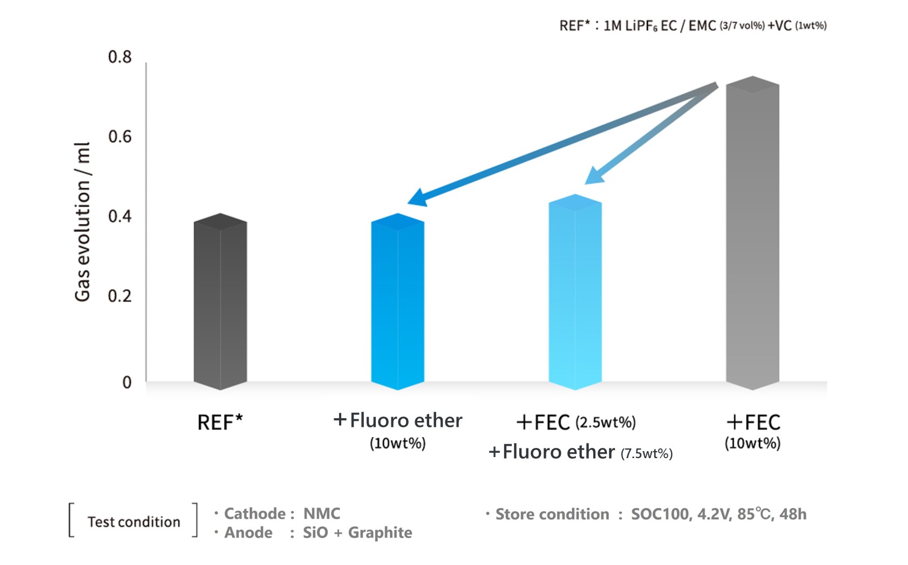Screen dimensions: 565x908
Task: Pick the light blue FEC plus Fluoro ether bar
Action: tap(575, 294)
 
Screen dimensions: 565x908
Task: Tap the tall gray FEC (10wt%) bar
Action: tap(753, 235)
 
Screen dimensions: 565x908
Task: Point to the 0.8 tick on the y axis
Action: tap(120, 57)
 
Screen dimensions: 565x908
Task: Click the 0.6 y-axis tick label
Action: tap(120, 137)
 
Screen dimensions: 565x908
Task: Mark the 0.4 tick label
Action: tap(120, 217)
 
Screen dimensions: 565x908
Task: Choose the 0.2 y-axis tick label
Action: tap(120, 296)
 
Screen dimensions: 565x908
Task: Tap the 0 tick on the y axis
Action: tap(127, 383)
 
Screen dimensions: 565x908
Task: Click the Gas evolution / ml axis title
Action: tap(82, 222)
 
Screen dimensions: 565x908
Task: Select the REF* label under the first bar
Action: tap(220, 423)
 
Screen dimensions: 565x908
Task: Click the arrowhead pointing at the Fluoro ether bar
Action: tap(417, 198)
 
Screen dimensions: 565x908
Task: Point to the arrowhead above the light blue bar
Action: tap(594, 176)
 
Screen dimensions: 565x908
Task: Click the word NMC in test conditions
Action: tap(322, 514)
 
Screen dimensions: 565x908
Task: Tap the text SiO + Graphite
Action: tap(357, 533)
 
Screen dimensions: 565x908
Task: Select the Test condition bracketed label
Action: tap(134, 522)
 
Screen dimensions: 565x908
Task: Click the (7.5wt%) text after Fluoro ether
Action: tap(646, 454)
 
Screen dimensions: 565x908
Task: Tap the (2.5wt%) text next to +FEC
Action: tap(606, 423)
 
